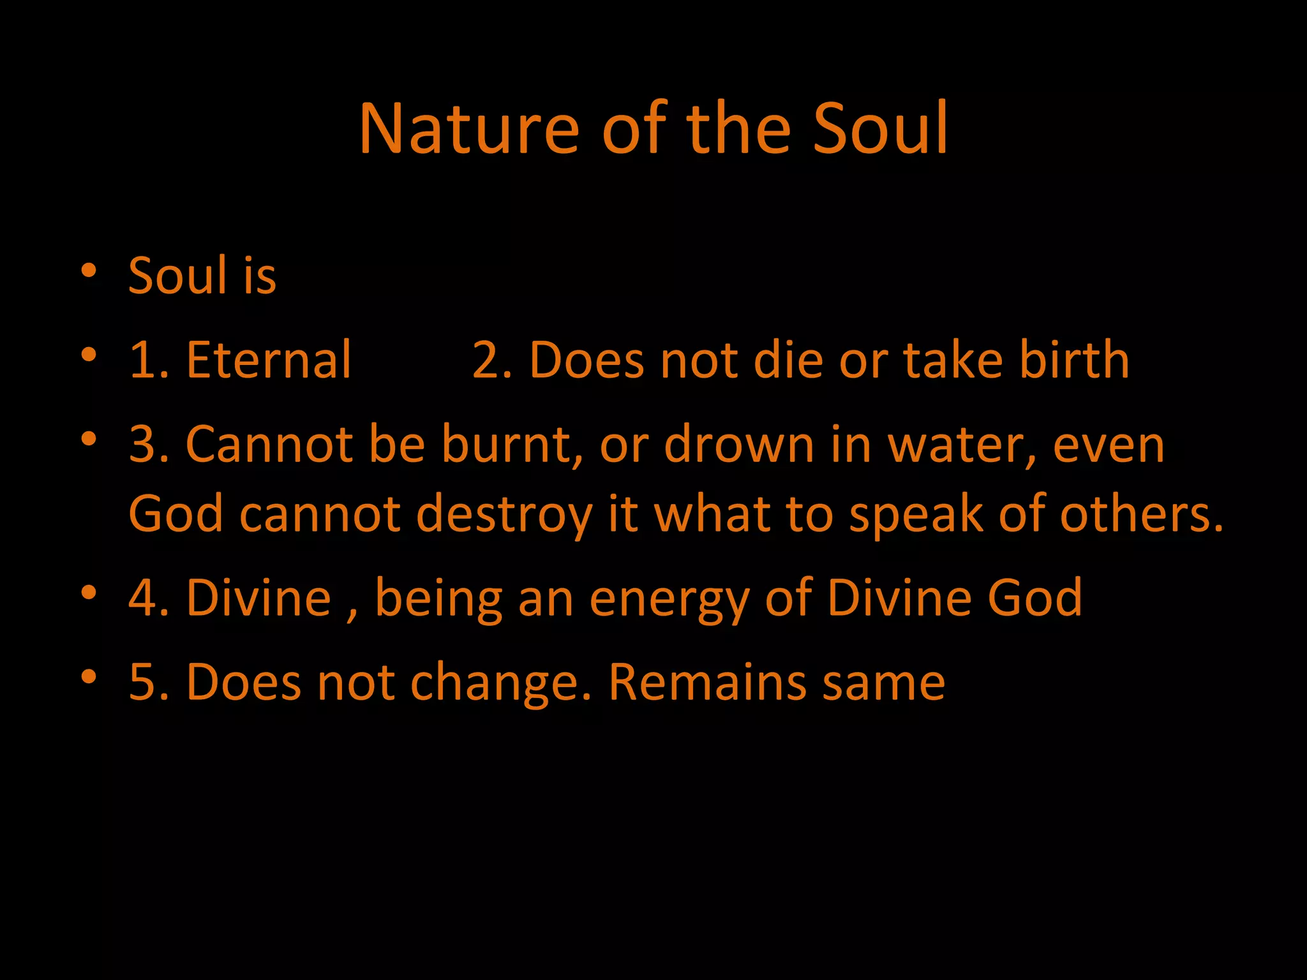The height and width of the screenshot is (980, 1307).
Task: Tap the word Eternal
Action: pyautogui.click(x=268, y=360)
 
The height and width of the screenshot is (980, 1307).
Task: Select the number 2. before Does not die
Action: pyautogui.click(x=491, y=360)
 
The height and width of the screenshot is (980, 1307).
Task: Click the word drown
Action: pyautogui.click(x=739, y=444)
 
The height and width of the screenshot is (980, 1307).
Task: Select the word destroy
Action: pyautogui.click(x=504, y=514)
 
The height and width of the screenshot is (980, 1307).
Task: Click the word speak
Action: pyautogui.click(x=916, y=514)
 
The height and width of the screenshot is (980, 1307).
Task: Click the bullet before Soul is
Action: pyautogui.click(x=89, y=271)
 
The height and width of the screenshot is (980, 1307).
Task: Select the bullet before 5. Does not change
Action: pyautogui.click(x=89, y=677)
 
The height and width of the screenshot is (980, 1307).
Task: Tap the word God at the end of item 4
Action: pyautogui.click(x=1034, y=598)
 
